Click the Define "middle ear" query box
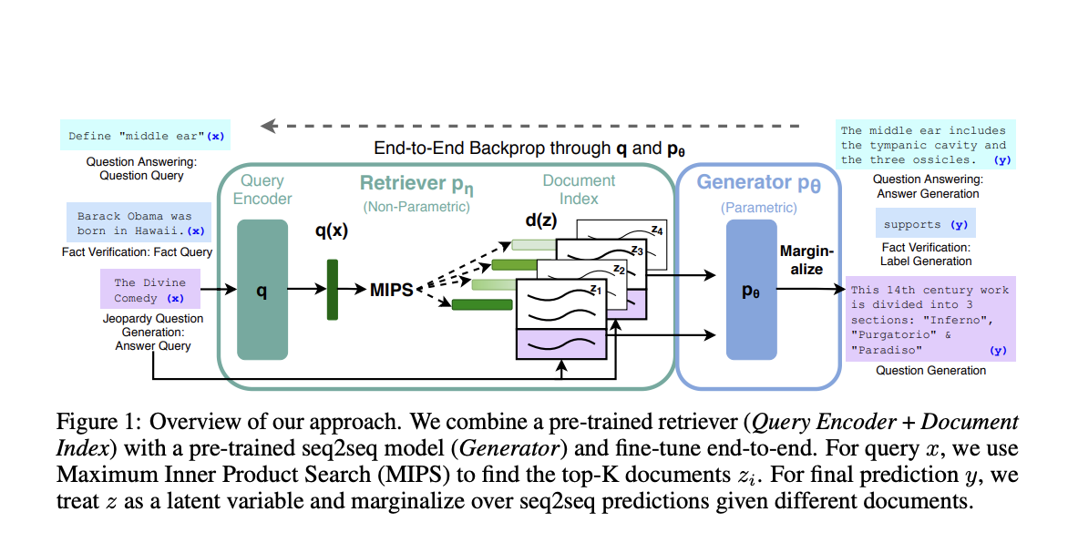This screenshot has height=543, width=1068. [x=145, y=136]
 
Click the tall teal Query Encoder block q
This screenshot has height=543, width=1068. [x=262, y=290]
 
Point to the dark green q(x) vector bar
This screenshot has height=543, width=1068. [x=332, y=290]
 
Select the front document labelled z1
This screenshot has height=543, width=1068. [x=560, y=305]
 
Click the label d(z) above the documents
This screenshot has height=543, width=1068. [x=535, y=220]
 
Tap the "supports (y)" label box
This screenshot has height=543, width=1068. [x=924, y=224]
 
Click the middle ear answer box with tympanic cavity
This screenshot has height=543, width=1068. [x=924, y=145]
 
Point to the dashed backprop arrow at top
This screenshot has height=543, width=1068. [x=529, y=125]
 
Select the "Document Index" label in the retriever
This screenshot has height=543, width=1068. [x=579, y=189]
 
